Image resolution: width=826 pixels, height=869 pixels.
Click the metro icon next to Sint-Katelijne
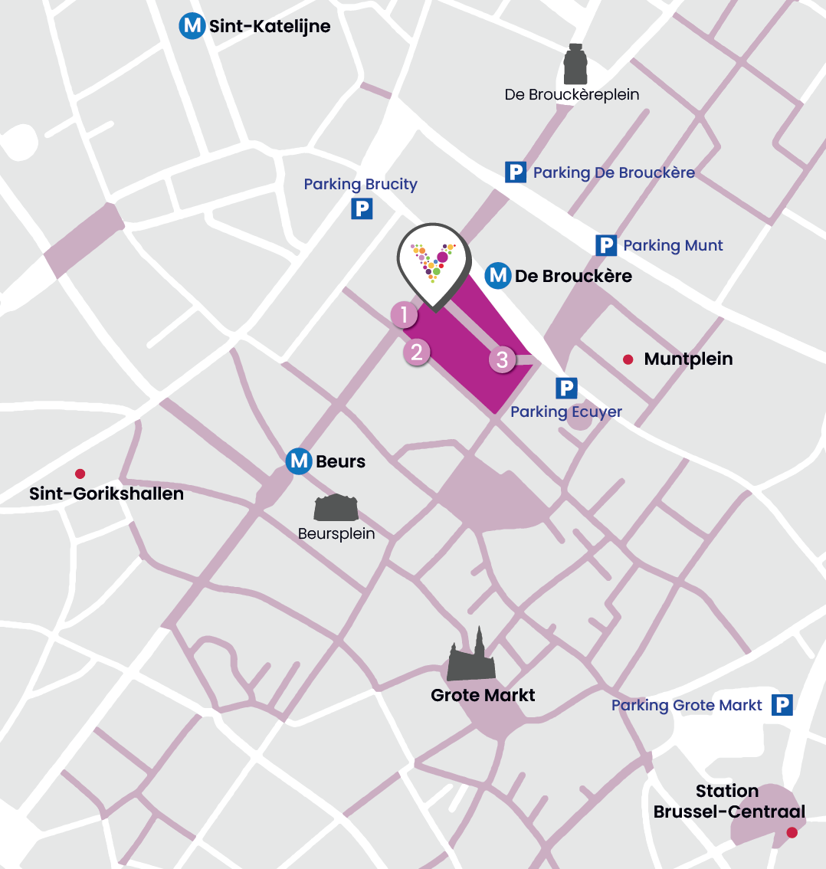coord(192,26)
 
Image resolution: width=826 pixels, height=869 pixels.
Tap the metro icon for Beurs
coord(299,461)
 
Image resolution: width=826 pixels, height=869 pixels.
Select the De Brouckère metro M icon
coord(499,275)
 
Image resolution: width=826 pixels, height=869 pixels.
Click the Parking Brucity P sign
coord(362,208)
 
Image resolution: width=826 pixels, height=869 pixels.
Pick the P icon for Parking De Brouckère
coord(516,172)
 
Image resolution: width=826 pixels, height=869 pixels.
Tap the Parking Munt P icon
coord(606,245)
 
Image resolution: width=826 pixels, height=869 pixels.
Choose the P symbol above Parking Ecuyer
coord(566,388)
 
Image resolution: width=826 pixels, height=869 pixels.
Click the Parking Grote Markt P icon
coord(782,705)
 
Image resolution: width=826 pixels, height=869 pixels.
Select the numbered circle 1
coord(404,314)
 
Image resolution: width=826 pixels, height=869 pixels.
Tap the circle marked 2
coord(417,352)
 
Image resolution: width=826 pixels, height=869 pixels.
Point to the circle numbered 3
coord(502,359)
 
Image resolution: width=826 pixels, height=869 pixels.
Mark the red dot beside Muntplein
coord(628,359)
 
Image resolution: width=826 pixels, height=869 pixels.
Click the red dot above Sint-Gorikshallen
coord(80,474)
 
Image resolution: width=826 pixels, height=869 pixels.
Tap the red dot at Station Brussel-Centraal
coord(792,832)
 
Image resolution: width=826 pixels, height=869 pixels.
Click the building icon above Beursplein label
coord(336,508)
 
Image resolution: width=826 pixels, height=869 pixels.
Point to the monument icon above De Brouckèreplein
coord(575,65)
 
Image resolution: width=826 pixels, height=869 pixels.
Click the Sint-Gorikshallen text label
coord(107,494)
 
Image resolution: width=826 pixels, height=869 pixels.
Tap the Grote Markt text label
coord(483,695)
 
